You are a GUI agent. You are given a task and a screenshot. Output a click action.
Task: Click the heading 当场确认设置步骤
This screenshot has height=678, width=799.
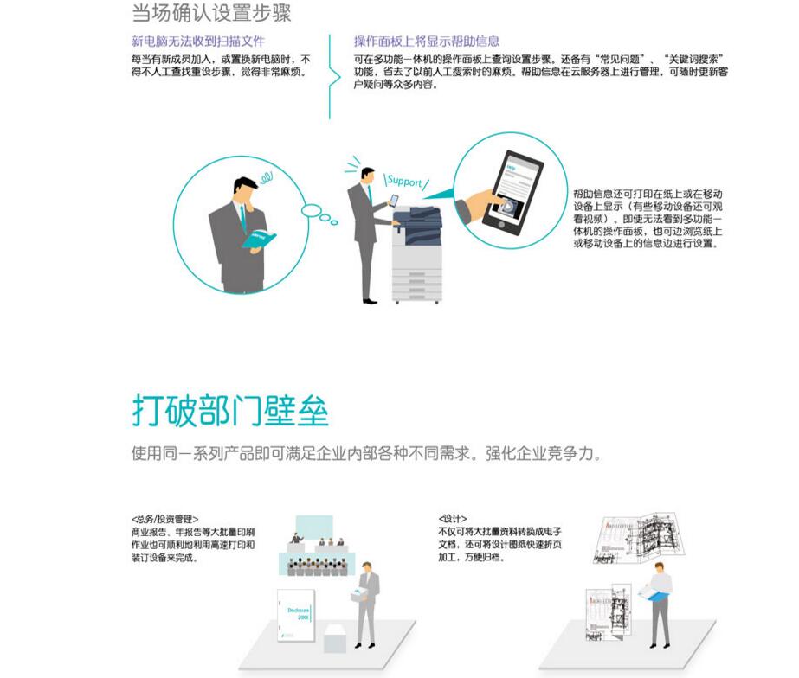point(210,14)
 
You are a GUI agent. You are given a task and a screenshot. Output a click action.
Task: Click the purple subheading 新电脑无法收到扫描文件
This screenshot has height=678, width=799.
point(198,41)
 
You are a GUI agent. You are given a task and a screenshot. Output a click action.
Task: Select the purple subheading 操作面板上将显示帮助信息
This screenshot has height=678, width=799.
point(426,41)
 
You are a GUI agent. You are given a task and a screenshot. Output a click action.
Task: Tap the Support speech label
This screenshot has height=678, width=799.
point(404,182)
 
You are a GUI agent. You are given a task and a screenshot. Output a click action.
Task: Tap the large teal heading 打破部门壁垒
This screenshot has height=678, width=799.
point(230,410)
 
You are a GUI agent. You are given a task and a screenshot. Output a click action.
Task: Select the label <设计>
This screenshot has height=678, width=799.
point(452,520)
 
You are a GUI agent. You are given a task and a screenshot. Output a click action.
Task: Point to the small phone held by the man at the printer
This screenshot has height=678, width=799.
point(394,200)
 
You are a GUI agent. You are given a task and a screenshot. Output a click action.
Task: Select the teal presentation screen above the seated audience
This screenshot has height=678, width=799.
point(313,527)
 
